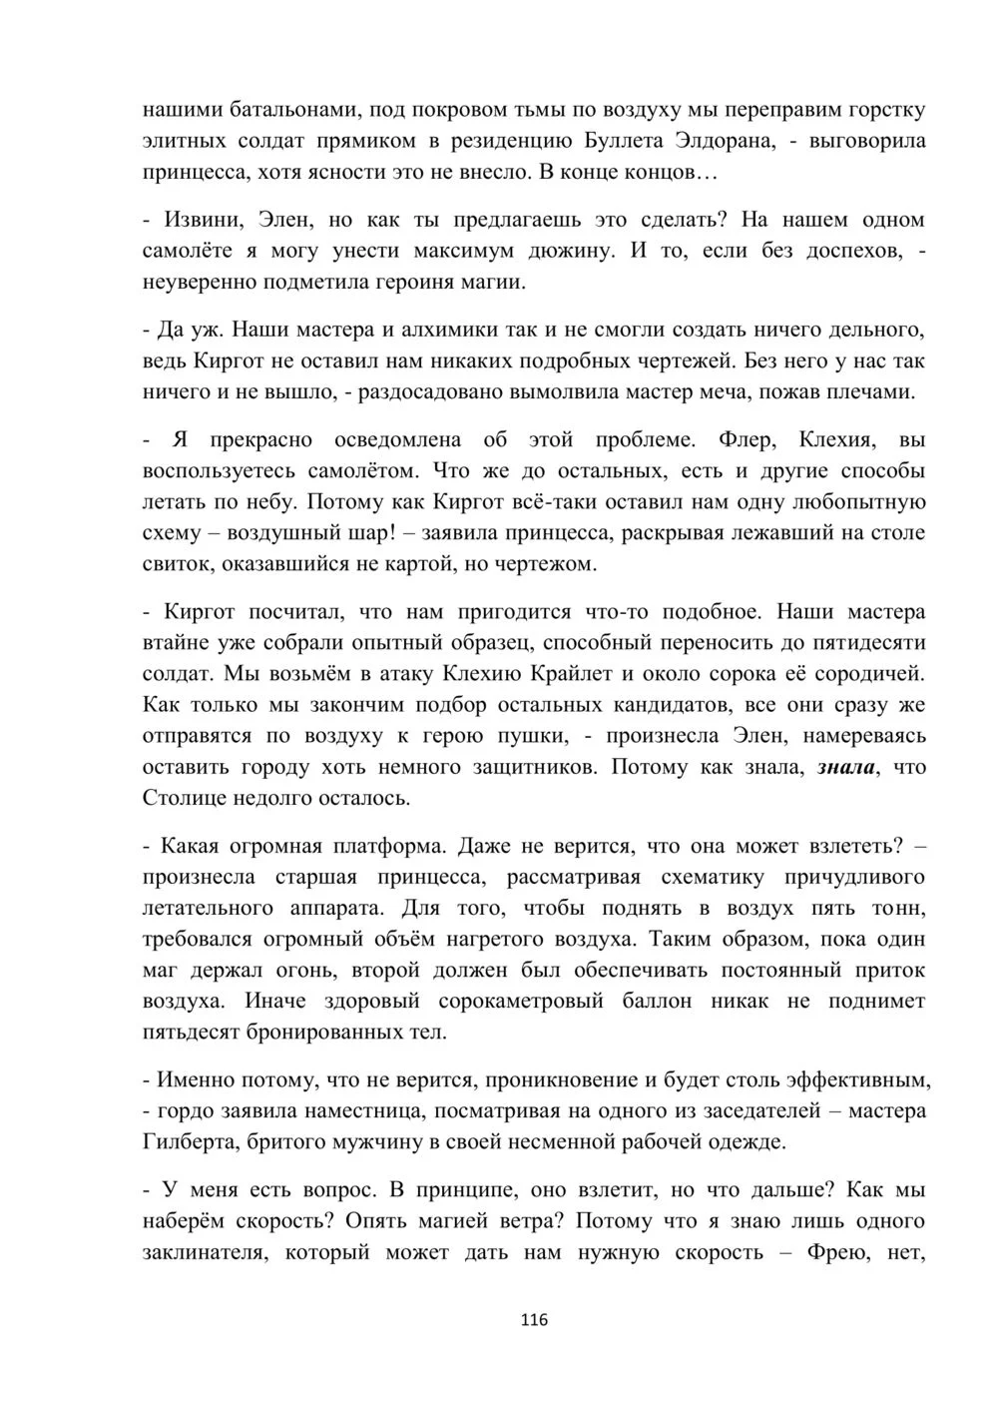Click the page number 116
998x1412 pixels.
coord(534,1320)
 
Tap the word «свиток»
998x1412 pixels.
coord(176,564)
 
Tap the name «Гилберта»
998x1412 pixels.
coord(190,1141)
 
